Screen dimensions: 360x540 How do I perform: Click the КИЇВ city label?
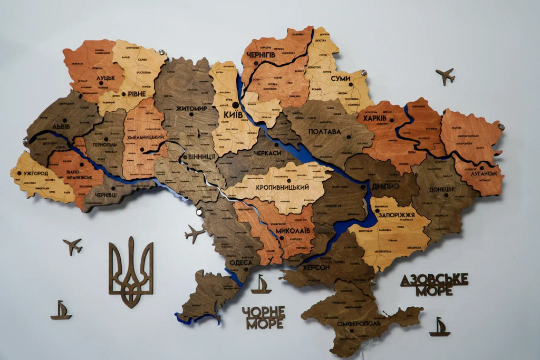(x=234, y=114)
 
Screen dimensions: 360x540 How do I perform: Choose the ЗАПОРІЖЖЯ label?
(x=397, y=216)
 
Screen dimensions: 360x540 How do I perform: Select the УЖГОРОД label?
(x=36, y=173)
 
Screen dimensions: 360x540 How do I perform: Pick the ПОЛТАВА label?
(x=324, y=131)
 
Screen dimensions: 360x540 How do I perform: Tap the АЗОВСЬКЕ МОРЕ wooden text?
(x=434, y=285)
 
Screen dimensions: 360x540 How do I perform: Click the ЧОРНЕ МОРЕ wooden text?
(x=263, y=317)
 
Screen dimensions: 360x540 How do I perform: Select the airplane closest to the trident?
(x=73, y=246)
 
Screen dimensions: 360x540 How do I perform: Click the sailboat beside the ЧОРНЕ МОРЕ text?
(x=261, y=285)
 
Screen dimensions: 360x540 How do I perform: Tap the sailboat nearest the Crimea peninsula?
(x=439, y=327)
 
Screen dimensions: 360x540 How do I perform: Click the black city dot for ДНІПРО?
(x=363, y=186)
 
